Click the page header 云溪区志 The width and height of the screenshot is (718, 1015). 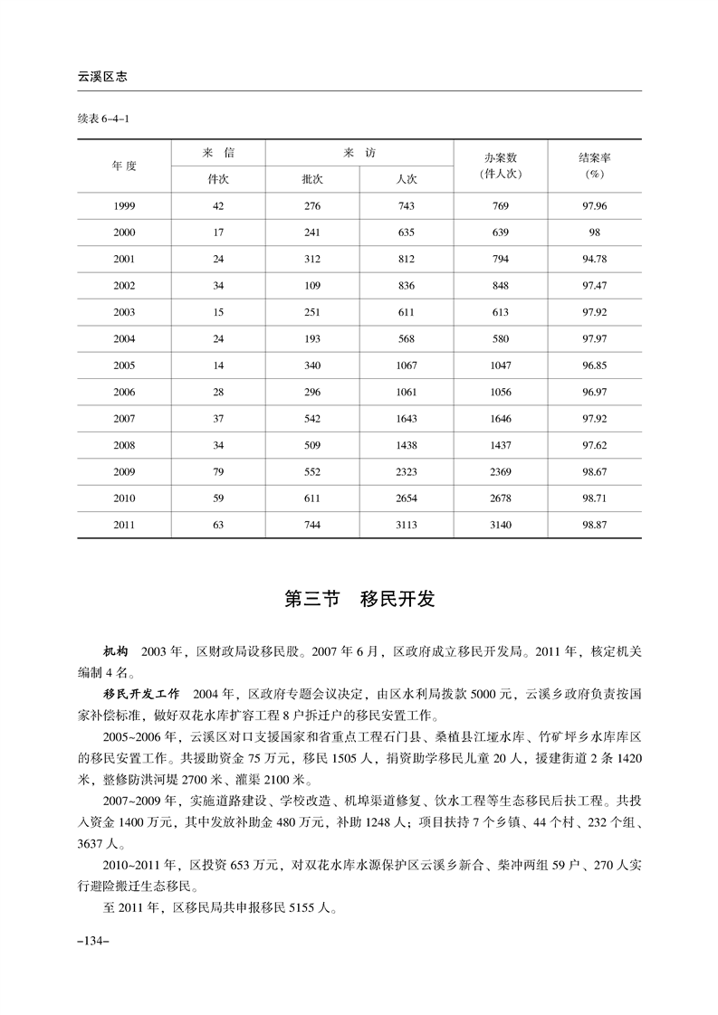[101, 78]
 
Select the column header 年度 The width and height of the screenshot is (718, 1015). [124, 166]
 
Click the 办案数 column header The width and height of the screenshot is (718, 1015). [500, 165]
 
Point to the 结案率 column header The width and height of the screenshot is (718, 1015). [594, 165]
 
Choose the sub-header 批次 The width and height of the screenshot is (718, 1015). [311, 179]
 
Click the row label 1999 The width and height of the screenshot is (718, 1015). [124, 206]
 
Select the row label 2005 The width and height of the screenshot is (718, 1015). [124, 367]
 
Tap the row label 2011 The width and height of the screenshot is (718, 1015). [124, 525]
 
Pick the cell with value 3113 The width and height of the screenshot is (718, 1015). [406, 525]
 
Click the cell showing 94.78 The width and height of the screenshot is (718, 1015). [594, 260]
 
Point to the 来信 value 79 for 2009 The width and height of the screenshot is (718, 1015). [217, 471]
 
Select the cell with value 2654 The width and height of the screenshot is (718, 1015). [406, 498]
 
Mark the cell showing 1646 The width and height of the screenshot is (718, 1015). [500, 419]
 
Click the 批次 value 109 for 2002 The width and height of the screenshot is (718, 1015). [311, 286]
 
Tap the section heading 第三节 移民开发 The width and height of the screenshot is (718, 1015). [359, 599]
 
